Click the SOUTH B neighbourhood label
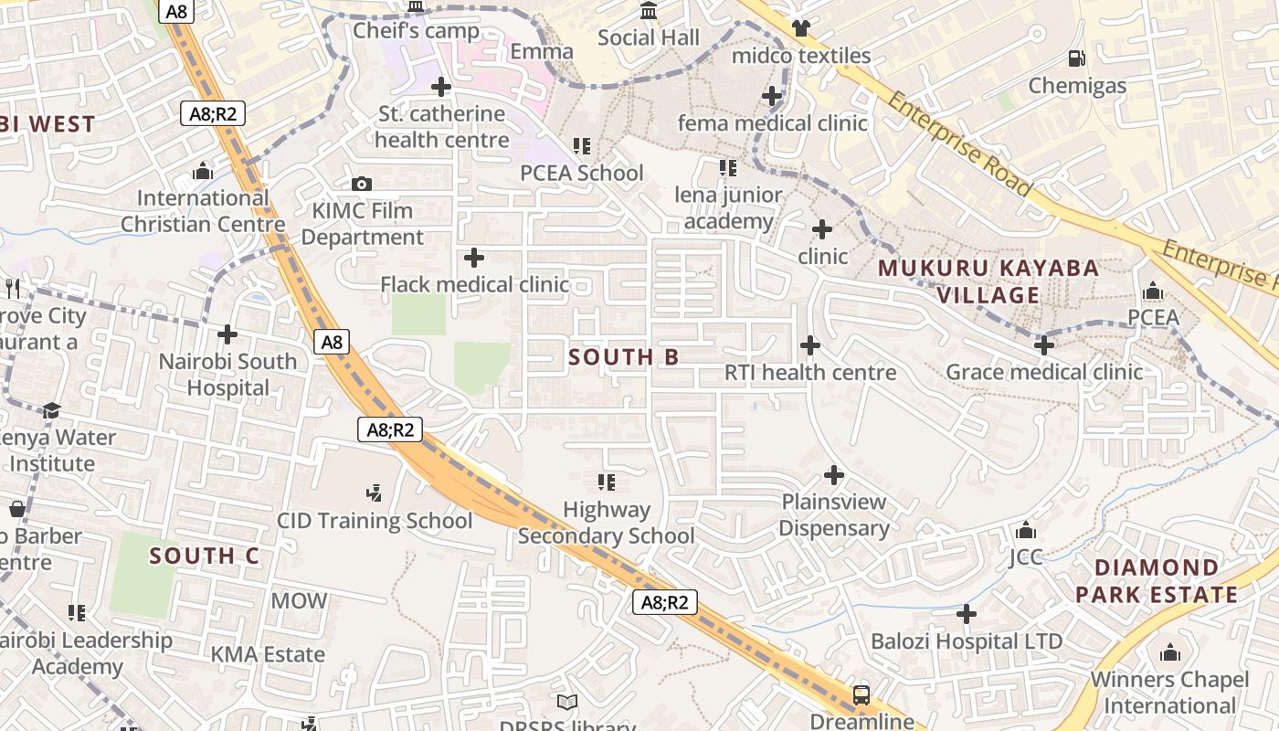624,357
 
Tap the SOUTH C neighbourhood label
205,556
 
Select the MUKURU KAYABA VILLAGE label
988,281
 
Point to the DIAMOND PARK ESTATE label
1156,581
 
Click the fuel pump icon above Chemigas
1077,58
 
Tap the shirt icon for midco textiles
801,28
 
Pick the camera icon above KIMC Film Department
362,184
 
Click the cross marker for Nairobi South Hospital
227,334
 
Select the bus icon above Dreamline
861,694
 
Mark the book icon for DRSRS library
567,702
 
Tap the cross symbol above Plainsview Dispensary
834,475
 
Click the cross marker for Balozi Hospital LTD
967,614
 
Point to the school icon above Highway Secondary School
606,482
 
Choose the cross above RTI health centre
810,345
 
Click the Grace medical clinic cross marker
1044,345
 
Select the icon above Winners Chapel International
1170,652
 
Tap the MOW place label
299,600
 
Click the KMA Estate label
268,654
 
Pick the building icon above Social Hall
649,11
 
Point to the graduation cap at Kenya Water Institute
51,410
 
